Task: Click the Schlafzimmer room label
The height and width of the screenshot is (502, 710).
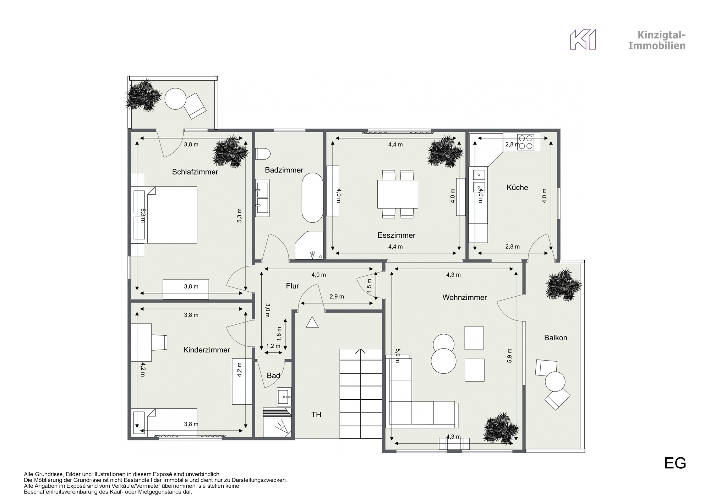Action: pos(195,172)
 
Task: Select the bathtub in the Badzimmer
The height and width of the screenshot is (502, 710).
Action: pos(312,198)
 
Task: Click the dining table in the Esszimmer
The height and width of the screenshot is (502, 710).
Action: pos(398,194)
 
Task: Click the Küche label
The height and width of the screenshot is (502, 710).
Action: pos(517,188)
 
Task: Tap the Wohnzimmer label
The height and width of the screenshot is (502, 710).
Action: pos(464,297)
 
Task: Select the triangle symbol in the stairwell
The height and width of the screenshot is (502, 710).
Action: pos(312,323)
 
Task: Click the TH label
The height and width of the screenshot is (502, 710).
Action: pos(316,415)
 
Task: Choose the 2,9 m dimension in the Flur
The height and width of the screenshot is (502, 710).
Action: pos(337,297)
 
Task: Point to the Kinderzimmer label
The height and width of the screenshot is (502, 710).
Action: pos(207,350)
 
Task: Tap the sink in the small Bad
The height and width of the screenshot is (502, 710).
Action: pos(284,396)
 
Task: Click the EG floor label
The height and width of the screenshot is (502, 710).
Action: pos(675,464)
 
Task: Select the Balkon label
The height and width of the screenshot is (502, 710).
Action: pos(556,338)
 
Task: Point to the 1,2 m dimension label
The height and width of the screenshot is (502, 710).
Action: pos(273,346)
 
